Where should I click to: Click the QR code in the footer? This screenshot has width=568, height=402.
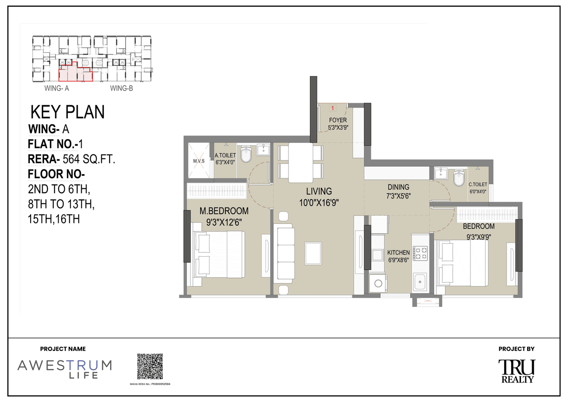click(150, 366)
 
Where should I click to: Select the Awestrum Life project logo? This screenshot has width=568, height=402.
click(64, 369)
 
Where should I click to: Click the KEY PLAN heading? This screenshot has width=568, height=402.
click(67, 112)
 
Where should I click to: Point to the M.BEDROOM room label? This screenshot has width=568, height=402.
click(224, 211)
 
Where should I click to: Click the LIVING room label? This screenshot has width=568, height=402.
click(319, 191)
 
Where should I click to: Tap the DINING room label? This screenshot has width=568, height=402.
click(398, 187)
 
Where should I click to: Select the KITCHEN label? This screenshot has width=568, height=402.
click(398, 252)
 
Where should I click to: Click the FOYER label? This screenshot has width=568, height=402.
click(338, 120)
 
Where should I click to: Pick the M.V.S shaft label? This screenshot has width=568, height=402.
click(198, 161)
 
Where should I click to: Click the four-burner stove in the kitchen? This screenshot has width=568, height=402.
click(420, 253)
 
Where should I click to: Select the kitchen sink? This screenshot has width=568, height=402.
click(419, 281)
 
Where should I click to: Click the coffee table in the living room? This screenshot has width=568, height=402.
click(313, 253)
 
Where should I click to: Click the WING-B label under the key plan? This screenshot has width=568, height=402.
click(122, 88)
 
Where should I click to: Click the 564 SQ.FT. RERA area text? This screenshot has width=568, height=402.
click(89, 159)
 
